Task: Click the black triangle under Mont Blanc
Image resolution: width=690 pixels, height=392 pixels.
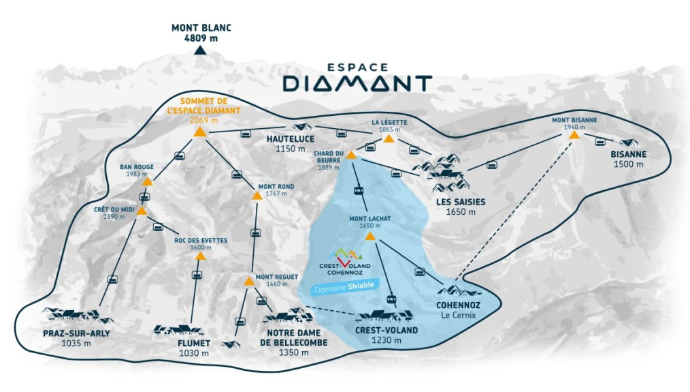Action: pyautogui.click(x=200, y=50)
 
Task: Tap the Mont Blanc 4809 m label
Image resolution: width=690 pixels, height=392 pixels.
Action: pyautogui.click(x=201, y=33)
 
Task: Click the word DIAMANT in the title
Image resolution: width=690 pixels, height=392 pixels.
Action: pyautogui.click(x=357, y=84)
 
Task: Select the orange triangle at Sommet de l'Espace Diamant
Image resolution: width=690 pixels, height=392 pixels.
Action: pyautogui.click(x=200, y=132)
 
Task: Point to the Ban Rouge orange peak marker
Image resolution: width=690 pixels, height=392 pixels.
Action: pyautogui.click(x=147, y=182)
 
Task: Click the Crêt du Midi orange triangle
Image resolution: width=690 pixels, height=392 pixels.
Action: pyautogui.click(x=142, y=211)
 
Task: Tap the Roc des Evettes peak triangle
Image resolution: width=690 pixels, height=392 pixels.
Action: pyautogui.click(x=200, y=256)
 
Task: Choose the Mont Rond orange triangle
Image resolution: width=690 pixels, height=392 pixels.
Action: pyautogui.click(x=257, y=196)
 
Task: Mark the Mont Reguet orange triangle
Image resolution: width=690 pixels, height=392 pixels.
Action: pyautogui.click(x=249, y=280)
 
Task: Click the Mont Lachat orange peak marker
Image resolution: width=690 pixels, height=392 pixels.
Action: pyautogui.click(x=369, y=236)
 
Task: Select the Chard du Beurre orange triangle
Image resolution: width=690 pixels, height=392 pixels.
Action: pyautogui.click(x=351, y=155)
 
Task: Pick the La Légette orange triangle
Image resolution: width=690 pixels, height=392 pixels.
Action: pyautogui.click(x=388, y=138)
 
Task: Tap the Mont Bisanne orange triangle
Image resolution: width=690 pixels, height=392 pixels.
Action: pyautogui.click(x=574, y=134)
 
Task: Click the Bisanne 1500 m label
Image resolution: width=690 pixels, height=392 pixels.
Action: pyautogui.click(x=628, y=159)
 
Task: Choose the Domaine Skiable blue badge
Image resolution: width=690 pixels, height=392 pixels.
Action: pyautogui.click(x=344, y=287)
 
